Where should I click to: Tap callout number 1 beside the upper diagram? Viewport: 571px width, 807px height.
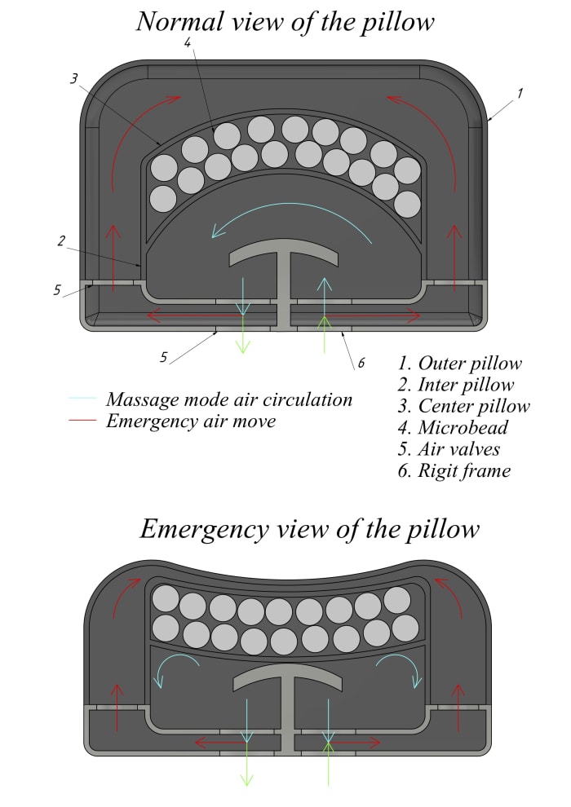(x=520, y=93)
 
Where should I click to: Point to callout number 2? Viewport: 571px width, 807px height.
(x=61, y=240)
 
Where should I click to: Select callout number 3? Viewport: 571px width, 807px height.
(x=73, y=79)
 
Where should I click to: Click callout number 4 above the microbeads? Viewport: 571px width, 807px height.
(x=188, y=42)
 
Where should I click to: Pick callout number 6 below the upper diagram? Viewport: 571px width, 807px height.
(x=360, y=364)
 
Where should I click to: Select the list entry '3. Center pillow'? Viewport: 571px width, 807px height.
(x=463, y=406)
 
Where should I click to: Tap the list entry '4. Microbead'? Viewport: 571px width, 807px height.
(x=453, y=427)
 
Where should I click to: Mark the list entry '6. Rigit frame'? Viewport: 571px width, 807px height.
(x=454, y=470)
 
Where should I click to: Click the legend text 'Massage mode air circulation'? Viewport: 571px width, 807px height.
(x=229, y=399)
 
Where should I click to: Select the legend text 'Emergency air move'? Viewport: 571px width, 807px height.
(x=190, y=421)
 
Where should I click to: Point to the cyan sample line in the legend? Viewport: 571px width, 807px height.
(x=82, y=399)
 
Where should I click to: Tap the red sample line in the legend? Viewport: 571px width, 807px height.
(x=82, y=421)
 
